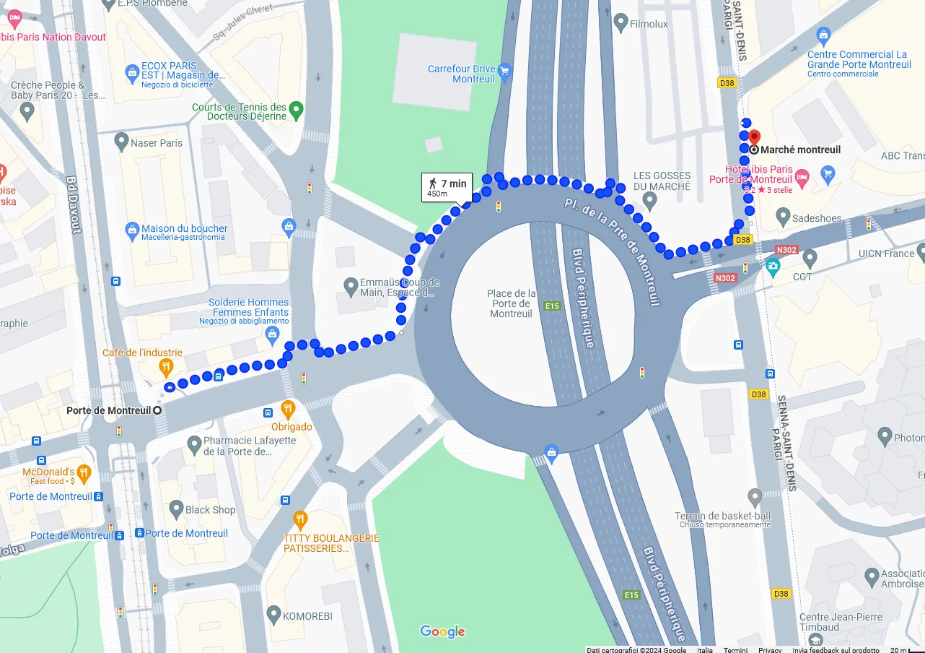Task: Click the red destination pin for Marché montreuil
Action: click(x=753, y=137)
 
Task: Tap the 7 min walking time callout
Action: click(x=447, y=187)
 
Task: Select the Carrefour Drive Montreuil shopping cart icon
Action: click(x=505, y=70)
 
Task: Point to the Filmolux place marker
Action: click(x=621, y=22)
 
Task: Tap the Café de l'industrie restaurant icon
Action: click(x=166, y=368)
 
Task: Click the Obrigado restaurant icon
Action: click(x=288, y=410)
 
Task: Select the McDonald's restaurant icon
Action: click(x=84, y=474)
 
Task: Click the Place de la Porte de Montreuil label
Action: click(x=511, y=303)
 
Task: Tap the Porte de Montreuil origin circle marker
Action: click(x=157, y=410)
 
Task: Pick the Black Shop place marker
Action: click(x=176, y=509)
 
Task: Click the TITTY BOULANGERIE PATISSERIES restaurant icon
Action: click(x=300, y=520)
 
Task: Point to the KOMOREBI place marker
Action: click(x=273, y=615)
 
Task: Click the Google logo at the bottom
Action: click(x=442, y=632)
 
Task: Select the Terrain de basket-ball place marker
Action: click(x=755, y=498)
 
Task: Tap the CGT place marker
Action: click(x=810, y=258)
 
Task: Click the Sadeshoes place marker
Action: click(x=784, y=216)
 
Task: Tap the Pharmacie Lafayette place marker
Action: click(x=193, y=444)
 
